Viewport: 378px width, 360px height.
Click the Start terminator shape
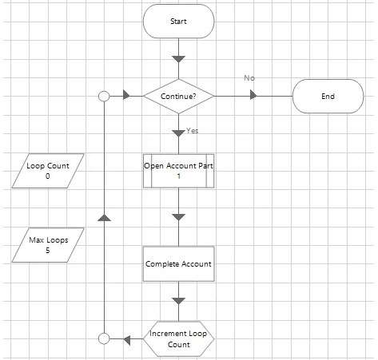click(178, 22)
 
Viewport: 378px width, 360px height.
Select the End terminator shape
click(328, 96)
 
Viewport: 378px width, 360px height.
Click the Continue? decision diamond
click(178, 96)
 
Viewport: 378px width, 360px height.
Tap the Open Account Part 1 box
click(178, 171)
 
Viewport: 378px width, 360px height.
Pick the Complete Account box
click(178, 264)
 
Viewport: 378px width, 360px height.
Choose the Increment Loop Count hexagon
click(178, 338)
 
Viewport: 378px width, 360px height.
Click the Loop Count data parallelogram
click(48, 171)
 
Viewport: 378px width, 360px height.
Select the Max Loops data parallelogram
click(48, 245)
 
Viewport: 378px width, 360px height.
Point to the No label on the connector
click(249, 78)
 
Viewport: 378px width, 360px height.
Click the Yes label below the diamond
click(192, 131)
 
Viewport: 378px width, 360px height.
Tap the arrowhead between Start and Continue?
click(178, 59)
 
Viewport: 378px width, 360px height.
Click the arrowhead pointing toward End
click(253, 95)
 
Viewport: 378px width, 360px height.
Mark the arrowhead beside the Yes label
click(178, 133)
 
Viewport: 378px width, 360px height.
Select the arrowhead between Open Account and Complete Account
click(178, 217)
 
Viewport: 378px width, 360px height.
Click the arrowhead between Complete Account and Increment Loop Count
click(178, 301)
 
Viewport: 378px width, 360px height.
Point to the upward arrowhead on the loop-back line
click(104, 218)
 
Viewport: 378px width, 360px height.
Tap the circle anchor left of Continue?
click(104, 96)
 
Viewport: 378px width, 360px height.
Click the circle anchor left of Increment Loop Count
click(104, 338)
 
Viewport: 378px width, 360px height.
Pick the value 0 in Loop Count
click(48, 176)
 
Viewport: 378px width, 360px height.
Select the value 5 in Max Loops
click(48, 251)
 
